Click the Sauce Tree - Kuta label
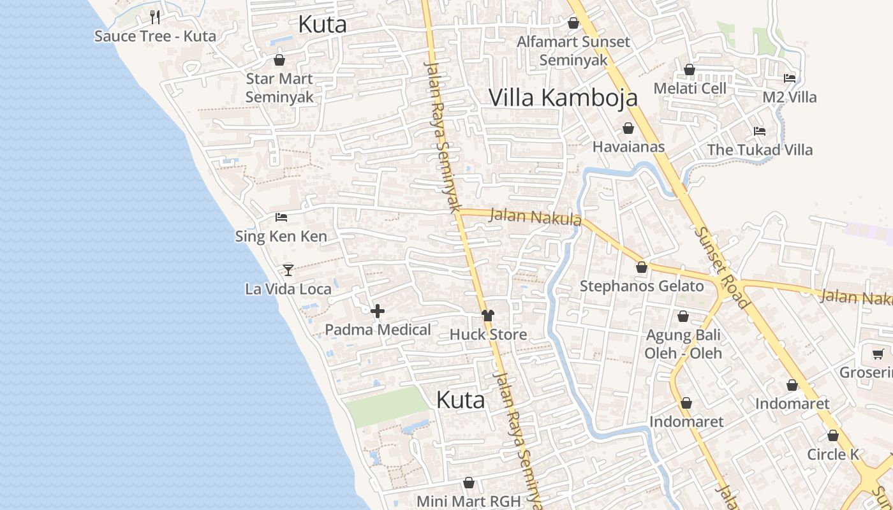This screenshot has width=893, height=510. point(155,36)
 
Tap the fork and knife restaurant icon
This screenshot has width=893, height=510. point(154,17)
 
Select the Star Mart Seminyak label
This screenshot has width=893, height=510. point(279,88)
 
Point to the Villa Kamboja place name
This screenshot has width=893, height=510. point(563,97)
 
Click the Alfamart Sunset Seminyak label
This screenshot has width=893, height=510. point(573,50)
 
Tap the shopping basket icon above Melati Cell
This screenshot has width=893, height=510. point(690,69)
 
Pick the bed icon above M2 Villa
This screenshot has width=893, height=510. point(790,78)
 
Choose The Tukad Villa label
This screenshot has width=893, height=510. point(760,150)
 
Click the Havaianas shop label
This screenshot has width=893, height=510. point(628,147)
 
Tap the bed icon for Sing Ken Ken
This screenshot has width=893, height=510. point(281,217)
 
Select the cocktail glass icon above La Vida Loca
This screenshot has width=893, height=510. point(288,270)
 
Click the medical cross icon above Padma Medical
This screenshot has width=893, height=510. point(378,311)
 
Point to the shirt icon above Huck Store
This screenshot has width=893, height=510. point(488,315)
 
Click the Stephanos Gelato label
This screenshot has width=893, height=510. point(642,286)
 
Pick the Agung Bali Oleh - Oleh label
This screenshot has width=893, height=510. point(683,344)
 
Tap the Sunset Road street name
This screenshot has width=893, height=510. point(721,268)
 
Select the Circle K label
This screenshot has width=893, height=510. point(833,455)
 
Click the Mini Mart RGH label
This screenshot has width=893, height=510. point(469,501)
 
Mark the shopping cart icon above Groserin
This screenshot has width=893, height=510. point(878,354)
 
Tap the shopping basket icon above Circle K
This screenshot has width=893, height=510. point(833,436)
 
